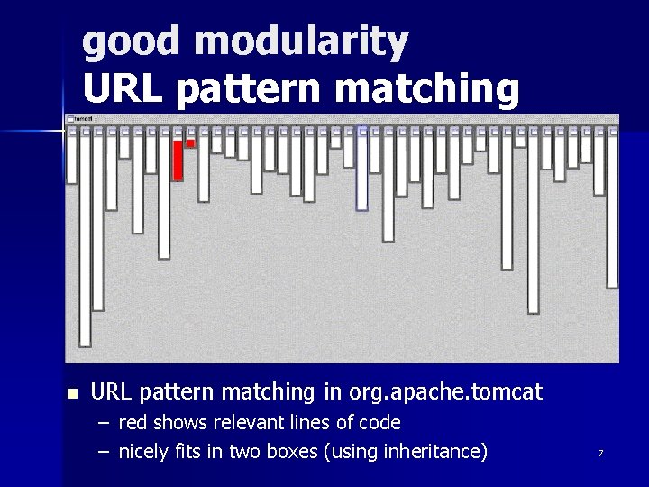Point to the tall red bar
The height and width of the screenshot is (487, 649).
(178, 160)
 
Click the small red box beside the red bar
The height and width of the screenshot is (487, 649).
(190, 143)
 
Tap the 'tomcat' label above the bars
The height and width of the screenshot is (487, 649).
(82, 118)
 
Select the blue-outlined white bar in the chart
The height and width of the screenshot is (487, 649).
(362, 170)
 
